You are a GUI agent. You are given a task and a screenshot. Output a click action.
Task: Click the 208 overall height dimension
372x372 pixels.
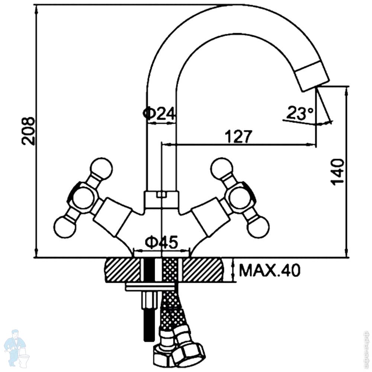click(x=28, y=131)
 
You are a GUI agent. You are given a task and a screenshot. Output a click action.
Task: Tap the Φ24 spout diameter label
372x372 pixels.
click(x=159, y=113)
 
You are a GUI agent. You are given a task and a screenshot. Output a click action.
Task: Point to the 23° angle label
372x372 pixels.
click(x=301, y=112)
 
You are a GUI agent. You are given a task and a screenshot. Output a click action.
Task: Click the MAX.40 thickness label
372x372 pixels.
click(x=269, y=270)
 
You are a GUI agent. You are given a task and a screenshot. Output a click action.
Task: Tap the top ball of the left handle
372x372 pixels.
click(x=102, y=168)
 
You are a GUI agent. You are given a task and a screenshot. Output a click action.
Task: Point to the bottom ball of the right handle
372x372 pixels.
click(x=258, y=227)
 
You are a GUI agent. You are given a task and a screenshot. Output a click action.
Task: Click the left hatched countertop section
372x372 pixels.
click(x=123, y=270)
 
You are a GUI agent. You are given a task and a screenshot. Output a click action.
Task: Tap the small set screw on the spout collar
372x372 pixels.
click(x=161, y=195)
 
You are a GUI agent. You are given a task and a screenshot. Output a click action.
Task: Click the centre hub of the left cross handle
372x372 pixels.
click(x=83, y=197)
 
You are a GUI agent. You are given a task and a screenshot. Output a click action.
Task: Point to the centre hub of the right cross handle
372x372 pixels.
click(x=240, y=197)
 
